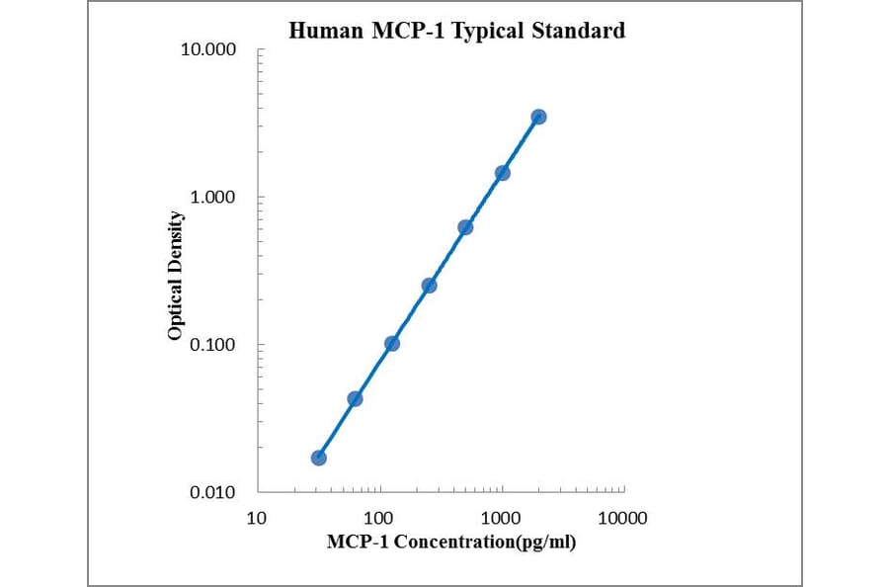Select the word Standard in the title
coord(579,31)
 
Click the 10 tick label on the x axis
coord(257,518)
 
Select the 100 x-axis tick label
coord(379,518)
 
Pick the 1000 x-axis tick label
coord(502,518)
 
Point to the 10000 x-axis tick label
coord(623,518)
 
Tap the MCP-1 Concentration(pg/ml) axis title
coord(451,543)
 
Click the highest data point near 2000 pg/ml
coord(538,117)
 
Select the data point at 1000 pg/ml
coord(502,173)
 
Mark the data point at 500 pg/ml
coord(465,227)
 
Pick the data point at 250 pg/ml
coord(429,286)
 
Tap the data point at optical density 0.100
coord(392,344)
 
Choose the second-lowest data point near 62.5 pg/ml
coord(355,399)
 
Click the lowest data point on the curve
coord(318,458)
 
